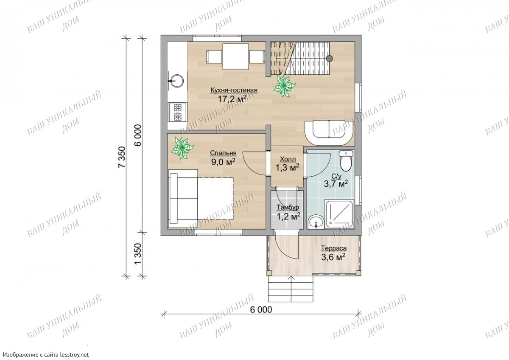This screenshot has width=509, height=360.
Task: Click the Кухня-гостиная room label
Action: point(234,90)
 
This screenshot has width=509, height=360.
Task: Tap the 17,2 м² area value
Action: point(232,99)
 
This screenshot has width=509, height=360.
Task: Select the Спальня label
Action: point(223,153)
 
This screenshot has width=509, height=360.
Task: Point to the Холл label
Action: point(288,159)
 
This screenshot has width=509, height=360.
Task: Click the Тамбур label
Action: point(288,208)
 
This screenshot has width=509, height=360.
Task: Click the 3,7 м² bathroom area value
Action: point(336,184)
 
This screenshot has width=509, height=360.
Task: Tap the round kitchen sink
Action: point(177,81)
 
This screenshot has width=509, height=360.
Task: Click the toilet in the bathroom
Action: point(346,160)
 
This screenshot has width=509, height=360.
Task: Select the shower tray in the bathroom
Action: point(339,214)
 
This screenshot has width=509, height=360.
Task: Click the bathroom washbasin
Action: point(316,222)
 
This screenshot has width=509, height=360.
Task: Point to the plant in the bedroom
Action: point(182,148)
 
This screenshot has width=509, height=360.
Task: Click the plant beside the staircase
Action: point(284,86)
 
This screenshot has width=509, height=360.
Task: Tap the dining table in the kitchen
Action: point(236,56)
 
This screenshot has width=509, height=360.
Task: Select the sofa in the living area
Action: point(329,133)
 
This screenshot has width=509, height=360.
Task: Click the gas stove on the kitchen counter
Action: point(178,112)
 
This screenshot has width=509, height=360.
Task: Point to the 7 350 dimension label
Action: point(122,157)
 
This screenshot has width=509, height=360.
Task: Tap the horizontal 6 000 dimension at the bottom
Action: point(261,309)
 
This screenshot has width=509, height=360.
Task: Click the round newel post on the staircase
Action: point(329,59)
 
